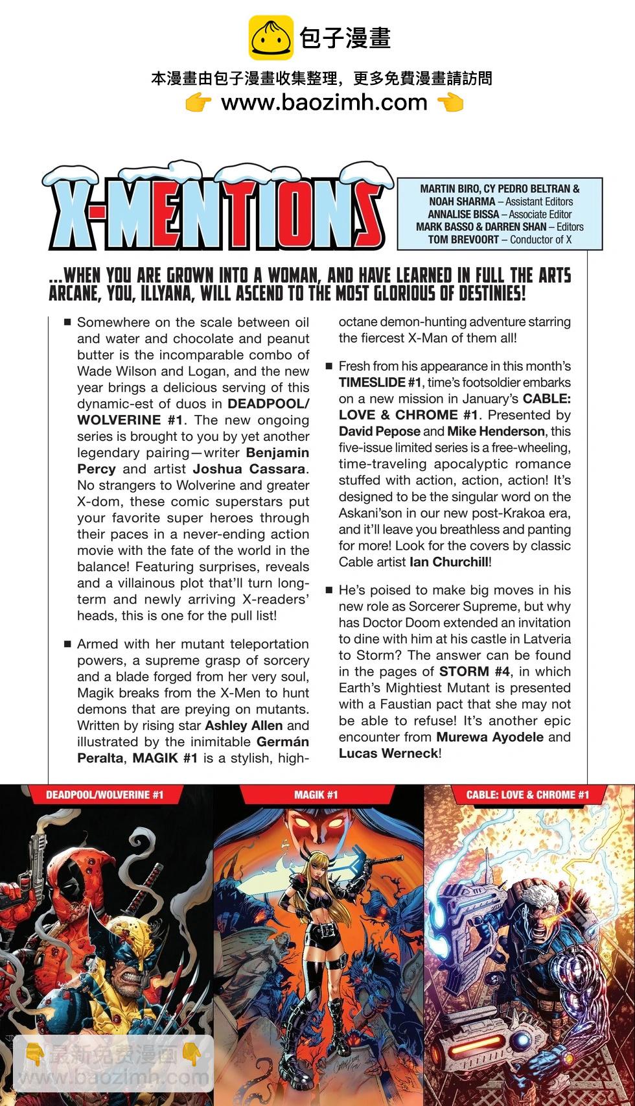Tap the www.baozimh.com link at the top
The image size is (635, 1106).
click(324, 102)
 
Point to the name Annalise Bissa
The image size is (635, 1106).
click(463, 214)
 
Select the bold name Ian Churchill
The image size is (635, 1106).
click(449, 562)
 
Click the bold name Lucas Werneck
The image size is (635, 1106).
click(388, 753)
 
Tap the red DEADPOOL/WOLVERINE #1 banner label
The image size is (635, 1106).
click(105, 795)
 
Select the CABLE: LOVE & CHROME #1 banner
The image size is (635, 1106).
click(527, 795)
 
